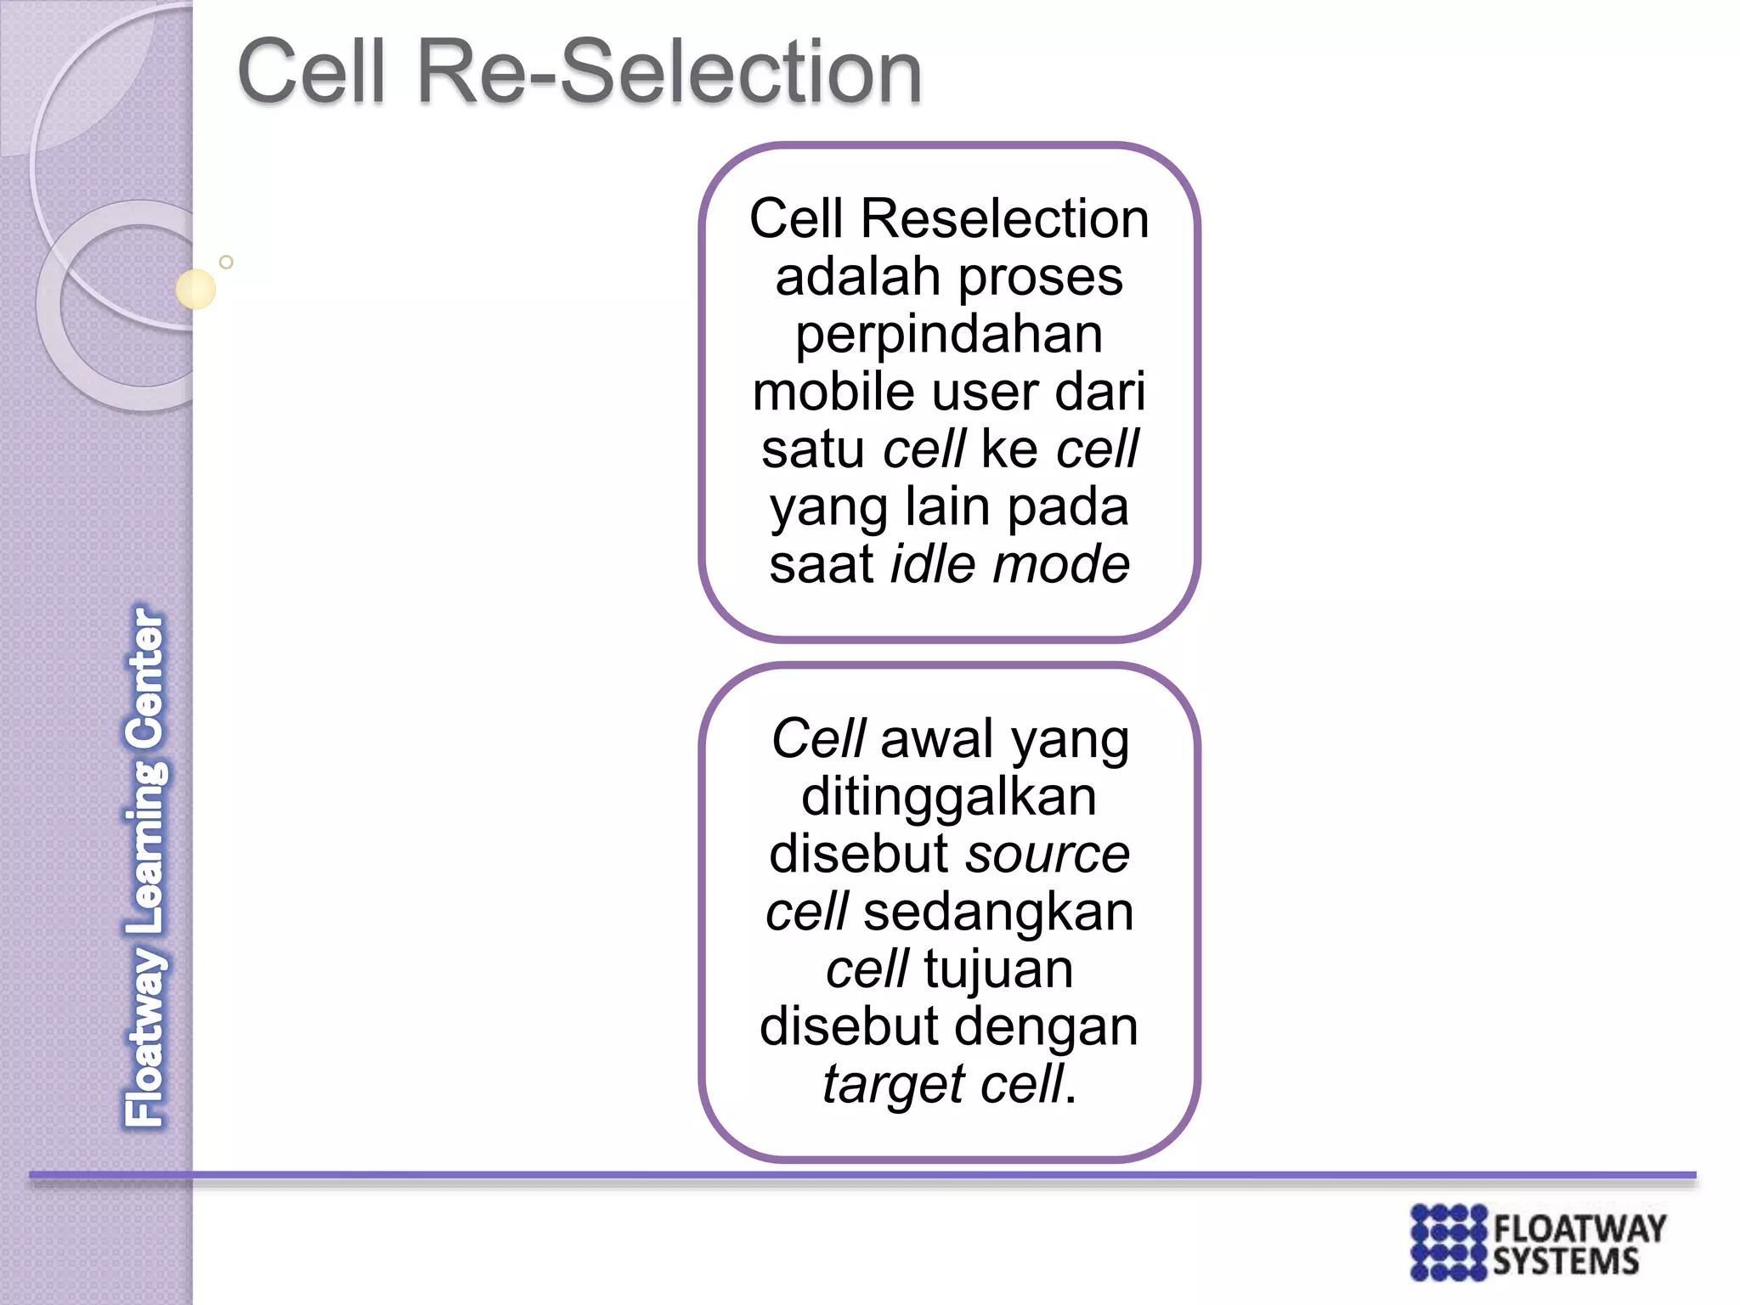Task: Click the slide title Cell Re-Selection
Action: pyautogui.click(x=579, y=71)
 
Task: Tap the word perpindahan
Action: pyautogui.click(x=949, y=335)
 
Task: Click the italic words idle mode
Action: pyautogui.click(x=1009, y=565)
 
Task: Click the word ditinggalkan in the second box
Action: pyautogui.click(x=949, y=797)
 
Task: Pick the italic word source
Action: pyautogui.click(x=1048, y=854)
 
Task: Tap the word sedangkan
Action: pyautogui.click(x=998, y=912)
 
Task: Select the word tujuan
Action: pyautogui.click(x=998, y=969)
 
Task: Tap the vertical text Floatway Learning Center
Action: pyautogui.click(x=145, y=867)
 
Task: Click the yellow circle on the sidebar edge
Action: pyautogui.click(x=195, y=289)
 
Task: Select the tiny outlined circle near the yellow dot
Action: pyautogui.click(x=226, y=262)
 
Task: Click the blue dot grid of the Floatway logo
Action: pyautogui.click(x=1448, y=1241)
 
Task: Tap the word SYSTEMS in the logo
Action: pyautogui.click(x=1565, y=1262)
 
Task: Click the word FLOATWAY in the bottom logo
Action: pyautogui.click(x=1579, y=1229)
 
